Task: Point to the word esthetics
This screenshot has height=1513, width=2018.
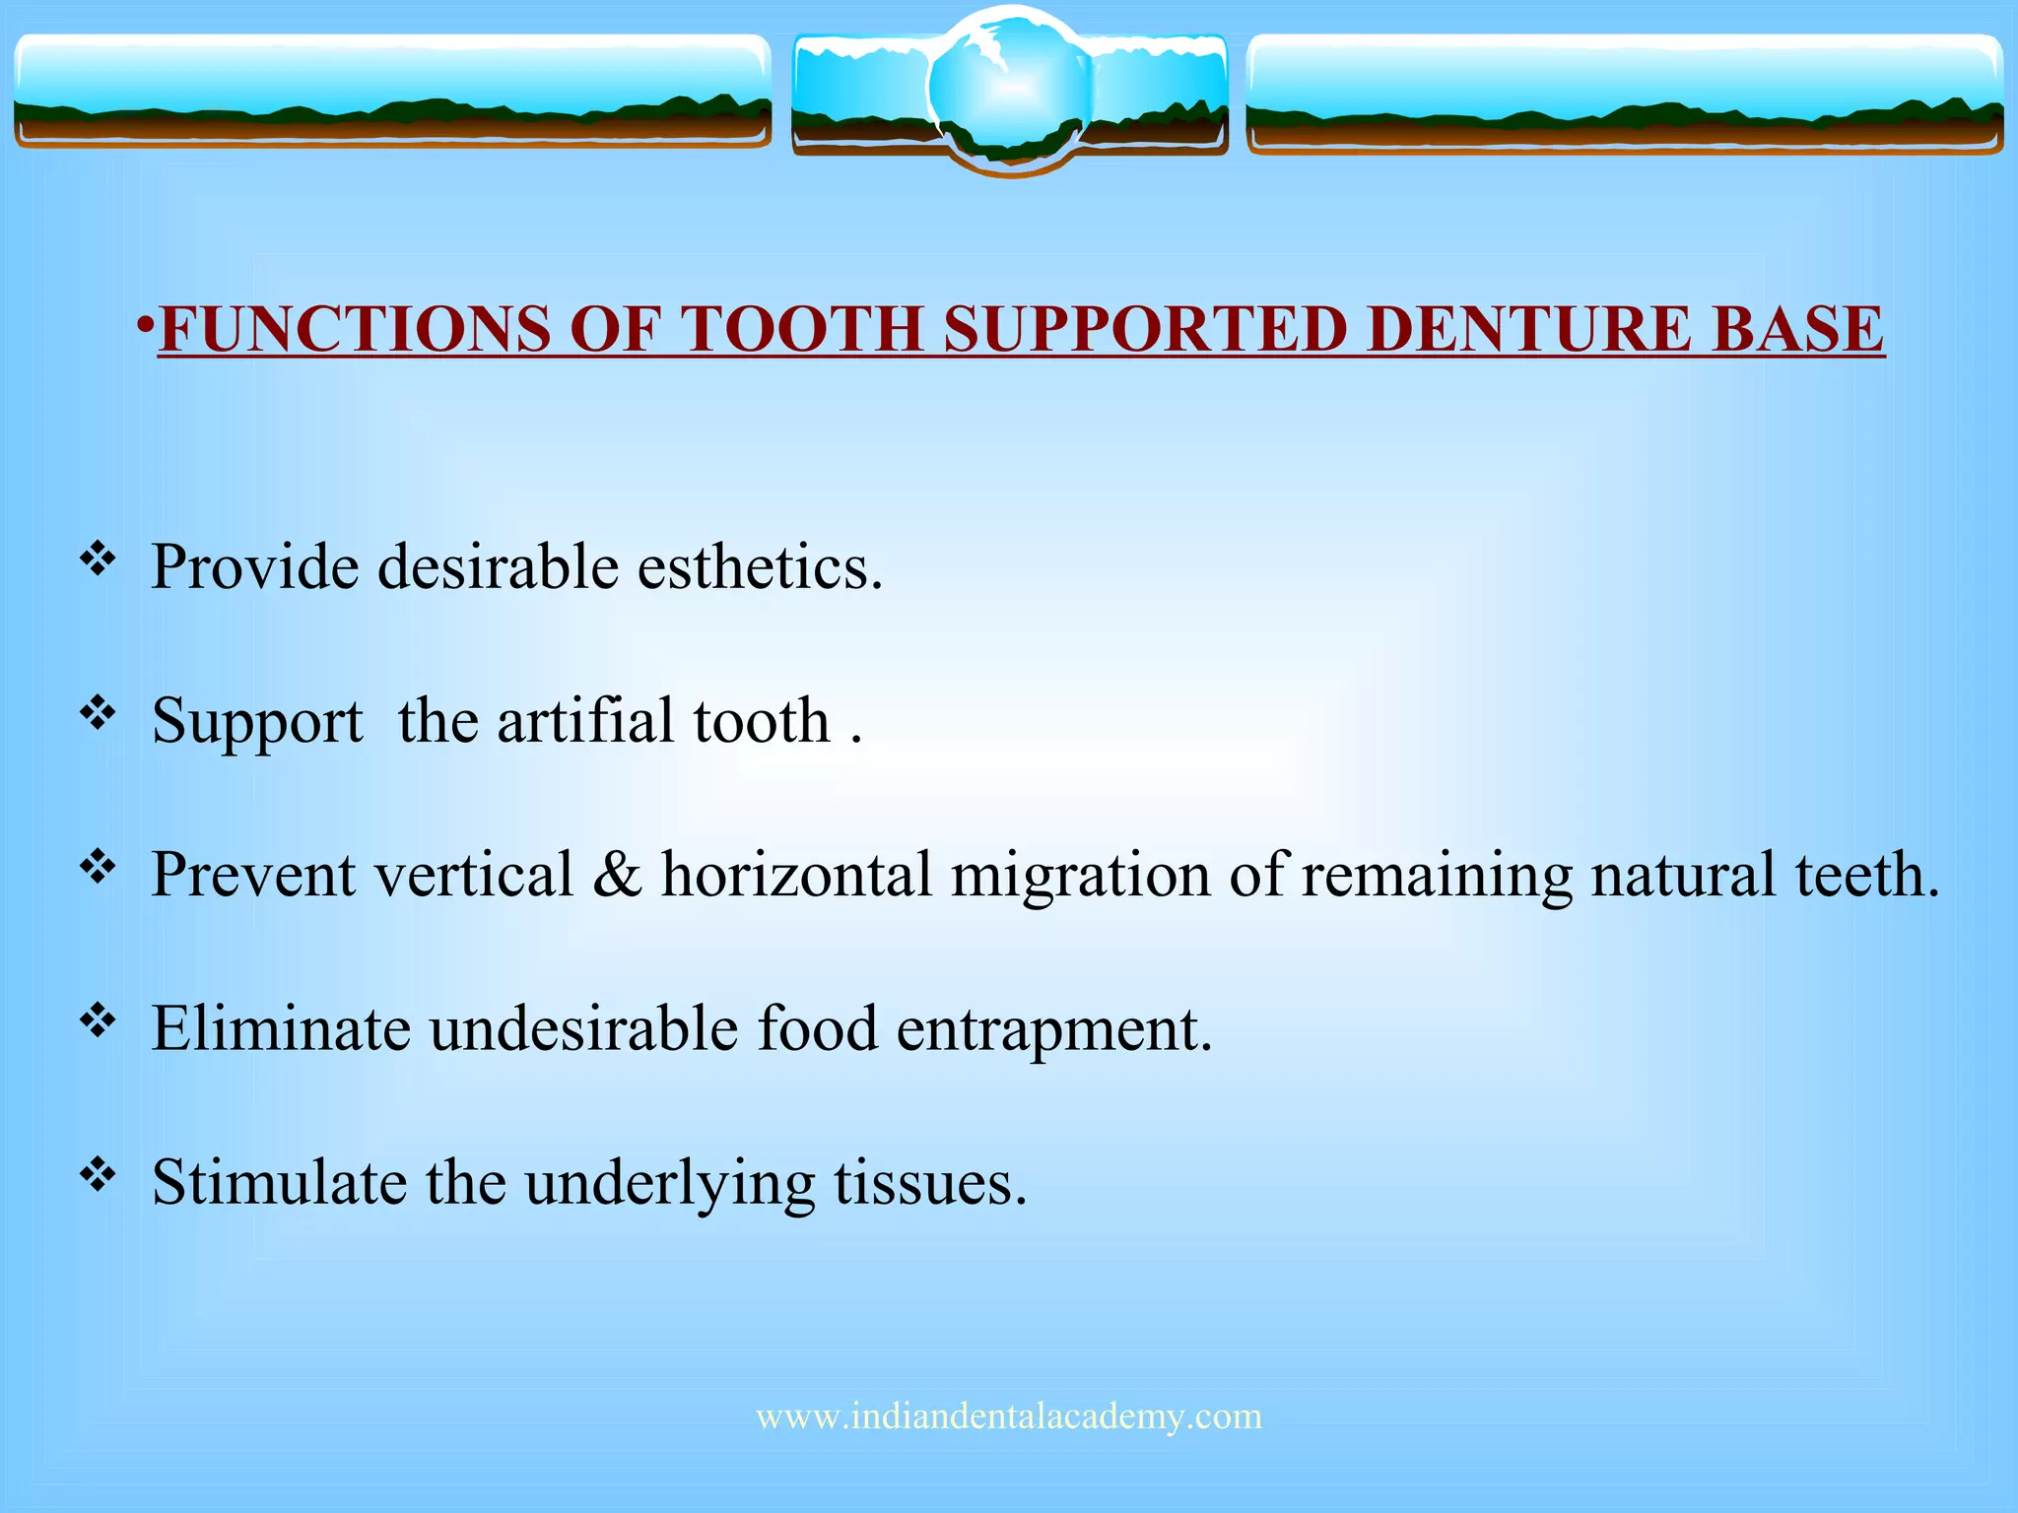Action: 760,567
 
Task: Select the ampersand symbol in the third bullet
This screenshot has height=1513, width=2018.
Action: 617,874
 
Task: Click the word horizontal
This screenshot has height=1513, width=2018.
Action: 796,874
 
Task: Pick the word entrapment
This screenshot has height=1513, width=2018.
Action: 1053,1030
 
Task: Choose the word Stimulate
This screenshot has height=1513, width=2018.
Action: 279,1181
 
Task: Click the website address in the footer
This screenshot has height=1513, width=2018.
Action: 1009,1416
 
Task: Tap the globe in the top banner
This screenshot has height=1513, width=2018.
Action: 1009,89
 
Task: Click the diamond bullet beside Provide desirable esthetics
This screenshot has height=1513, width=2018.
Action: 98,560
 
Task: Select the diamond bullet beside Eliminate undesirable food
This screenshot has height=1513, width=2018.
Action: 98,1021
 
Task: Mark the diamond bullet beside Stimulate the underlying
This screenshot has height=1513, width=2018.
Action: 98,1175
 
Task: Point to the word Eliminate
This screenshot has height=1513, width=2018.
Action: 281,1028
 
